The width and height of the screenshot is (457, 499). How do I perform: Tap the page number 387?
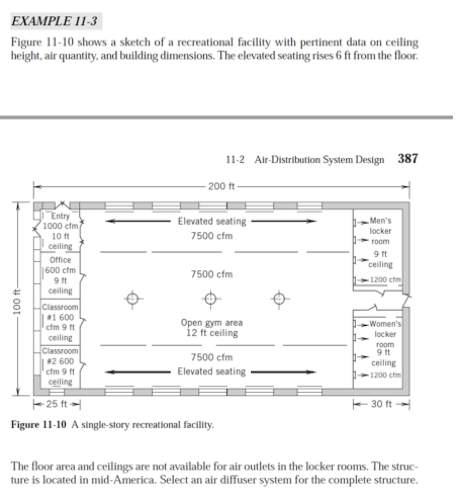(407, 158)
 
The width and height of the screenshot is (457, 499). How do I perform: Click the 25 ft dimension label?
(57, 404)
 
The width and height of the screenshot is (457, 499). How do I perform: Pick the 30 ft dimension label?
(380, 404)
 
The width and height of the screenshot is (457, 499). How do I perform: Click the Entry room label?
(60, 217)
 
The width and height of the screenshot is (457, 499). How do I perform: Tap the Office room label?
(60, 260)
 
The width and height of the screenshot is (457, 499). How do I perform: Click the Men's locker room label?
(380, 221)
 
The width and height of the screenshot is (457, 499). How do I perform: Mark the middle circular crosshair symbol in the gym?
(211, 298)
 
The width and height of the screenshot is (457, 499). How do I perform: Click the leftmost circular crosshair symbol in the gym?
(132, 298)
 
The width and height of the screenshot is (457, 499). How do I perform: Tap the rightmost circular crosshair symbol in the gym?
(279, 298)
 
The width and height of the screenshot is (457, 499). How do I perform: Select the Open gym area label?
(212, 322)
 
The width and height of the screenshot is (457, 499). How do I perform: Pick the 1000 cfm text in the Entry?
(59, 226)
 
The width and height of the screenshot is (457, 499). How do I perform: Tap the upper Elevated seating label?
(212, 221)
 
